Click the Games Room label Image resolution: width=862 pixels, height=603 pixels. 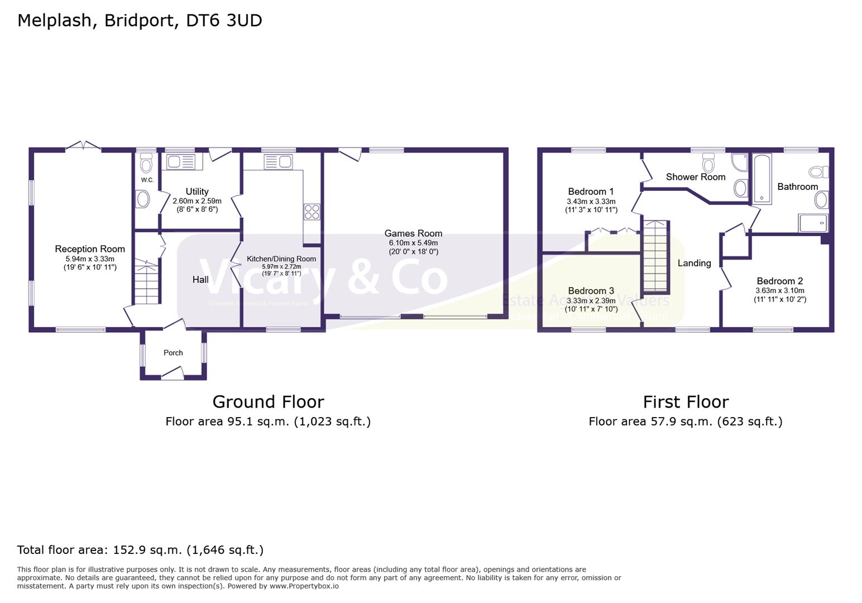tap(413, 233)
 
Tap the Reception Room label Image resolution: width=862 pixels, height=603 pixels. tap(90, 249)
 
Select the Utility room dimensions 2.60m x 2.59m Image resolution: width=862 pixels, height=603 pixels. tap(197, 201)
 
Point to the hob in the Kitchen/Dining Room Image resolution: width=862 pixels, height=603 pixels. tap(312, 212)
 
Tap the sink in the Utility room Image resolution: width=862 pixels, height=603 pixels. tap(180, 162)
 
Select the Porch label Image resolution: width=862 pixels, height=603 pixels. tap(173, 353)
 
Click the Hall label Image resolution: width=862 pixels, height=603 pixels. tap(200, 280)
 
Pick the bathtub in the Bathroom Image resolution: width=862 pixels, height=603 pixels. tap(762, 179)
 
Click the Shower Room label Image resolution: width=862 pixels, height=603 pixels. tap(696, 177)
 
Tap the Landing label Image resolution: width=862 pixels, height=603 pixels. tap(694, 263)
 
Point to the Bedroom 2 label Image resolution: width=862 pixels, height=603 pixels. tap(779, 281)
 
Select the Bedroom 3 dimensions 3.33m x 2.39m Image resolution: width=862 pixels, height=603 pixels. tap(591, 300)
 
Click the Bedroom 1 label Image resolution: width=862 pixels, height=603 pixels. tap(591, 192)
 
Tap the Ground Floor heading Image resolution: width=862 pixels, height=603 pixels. tap(268, 402)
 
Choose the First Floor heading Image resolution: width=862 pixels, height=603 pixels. tap(686, 402)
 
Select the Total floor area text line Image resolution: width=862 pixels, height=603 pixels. tap(140, 550)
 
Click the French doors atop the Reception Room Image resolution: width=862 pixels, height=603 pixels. tap(83, 146)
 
